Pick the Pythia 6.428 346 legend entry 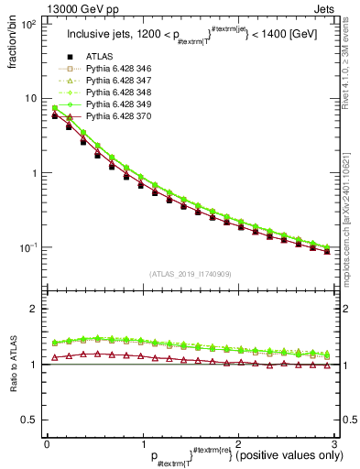coord(124,70)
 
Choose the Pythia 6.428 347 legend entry coord(124,82)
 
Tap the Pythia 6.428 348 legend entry coord(124,93)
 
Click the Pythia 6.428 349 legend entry coord(124,105)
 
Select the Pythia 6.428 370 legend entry coord(124,117)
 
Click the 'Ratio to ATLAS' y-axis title coord(14,365)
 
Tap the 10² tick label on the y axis coord(28,24)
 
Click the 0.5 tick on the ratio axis coord(27,420)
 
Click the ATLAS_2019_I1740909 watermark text coord(191,275)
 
